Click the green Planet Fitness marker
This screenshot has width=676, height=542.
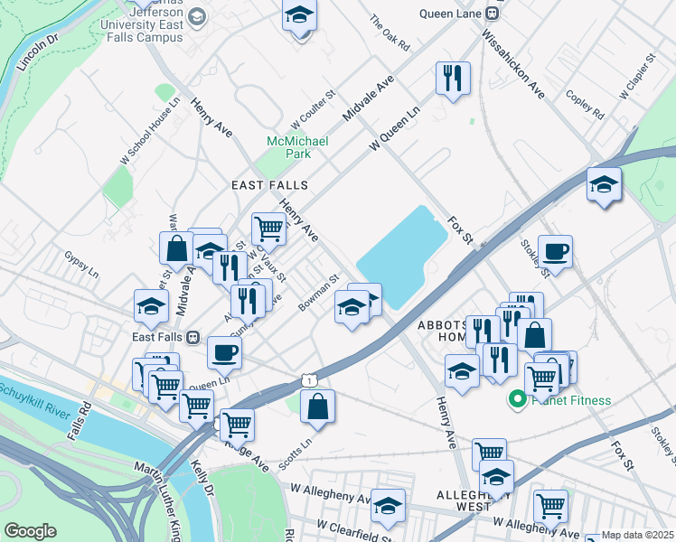pyautogui.click(x=519, y=399)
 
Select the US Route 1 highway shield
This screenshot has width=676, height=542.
pyautogui.click(x=310, y=381)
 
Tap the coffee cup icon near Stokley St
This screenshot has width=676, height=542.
pyautogui.click(x=555, y=251)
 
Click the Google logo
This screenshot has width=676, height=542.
pyautogui.click(x=30, y=530)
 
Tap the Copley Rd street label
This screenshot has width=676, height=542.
pyautogui.click(x=585, y=104)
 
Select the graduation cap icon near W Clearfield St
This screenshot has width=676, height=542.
pyautogui.click(x=389, y=507)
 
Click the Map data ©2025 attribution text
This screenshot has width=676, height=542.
pyautogui.click(x=638, y=535)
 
